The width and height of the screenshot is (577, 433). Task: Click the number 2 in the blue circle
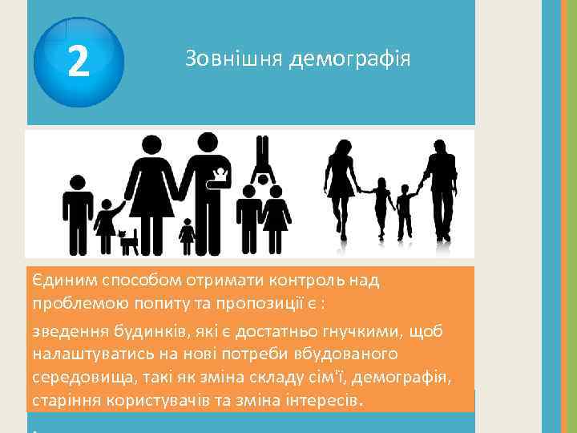pyautogui.click(x=78, y=60)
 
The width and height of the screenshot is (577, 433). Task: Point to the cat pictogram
pyautogui.click(x=128, y=240)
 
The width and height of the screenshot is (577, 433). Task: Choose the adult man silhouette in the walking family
pyautogui.click(x=440, y=188)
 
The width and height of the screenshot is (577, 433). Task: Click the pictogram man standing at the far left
pyautogui.click(x=78, y=212)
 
